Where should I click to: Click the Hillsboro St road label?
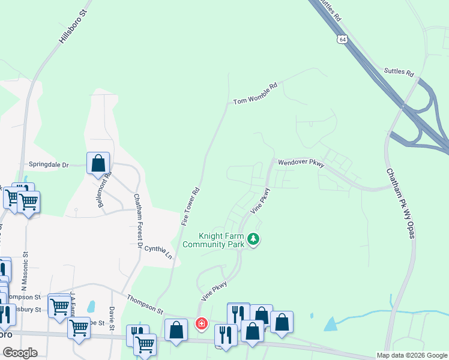(73, 26)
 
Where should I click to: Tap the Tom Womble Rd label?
(255, 94)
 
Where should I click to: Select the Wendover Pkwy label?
(300, 163)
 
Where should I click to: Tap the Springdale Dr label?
(49, 164)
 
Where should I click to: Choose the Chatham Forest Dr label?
(139, 221)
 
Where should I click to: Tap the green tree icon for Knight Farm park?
(255, 240)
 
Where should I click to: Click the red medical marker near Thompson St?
(201, 324)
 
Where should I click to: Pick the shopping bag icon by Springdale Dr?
(98, 163)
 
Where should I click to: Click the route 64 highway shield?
(342, 39)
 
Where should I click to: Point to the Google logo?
(20, 353)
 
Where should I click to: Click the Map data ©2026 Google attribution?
(412, 355)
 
